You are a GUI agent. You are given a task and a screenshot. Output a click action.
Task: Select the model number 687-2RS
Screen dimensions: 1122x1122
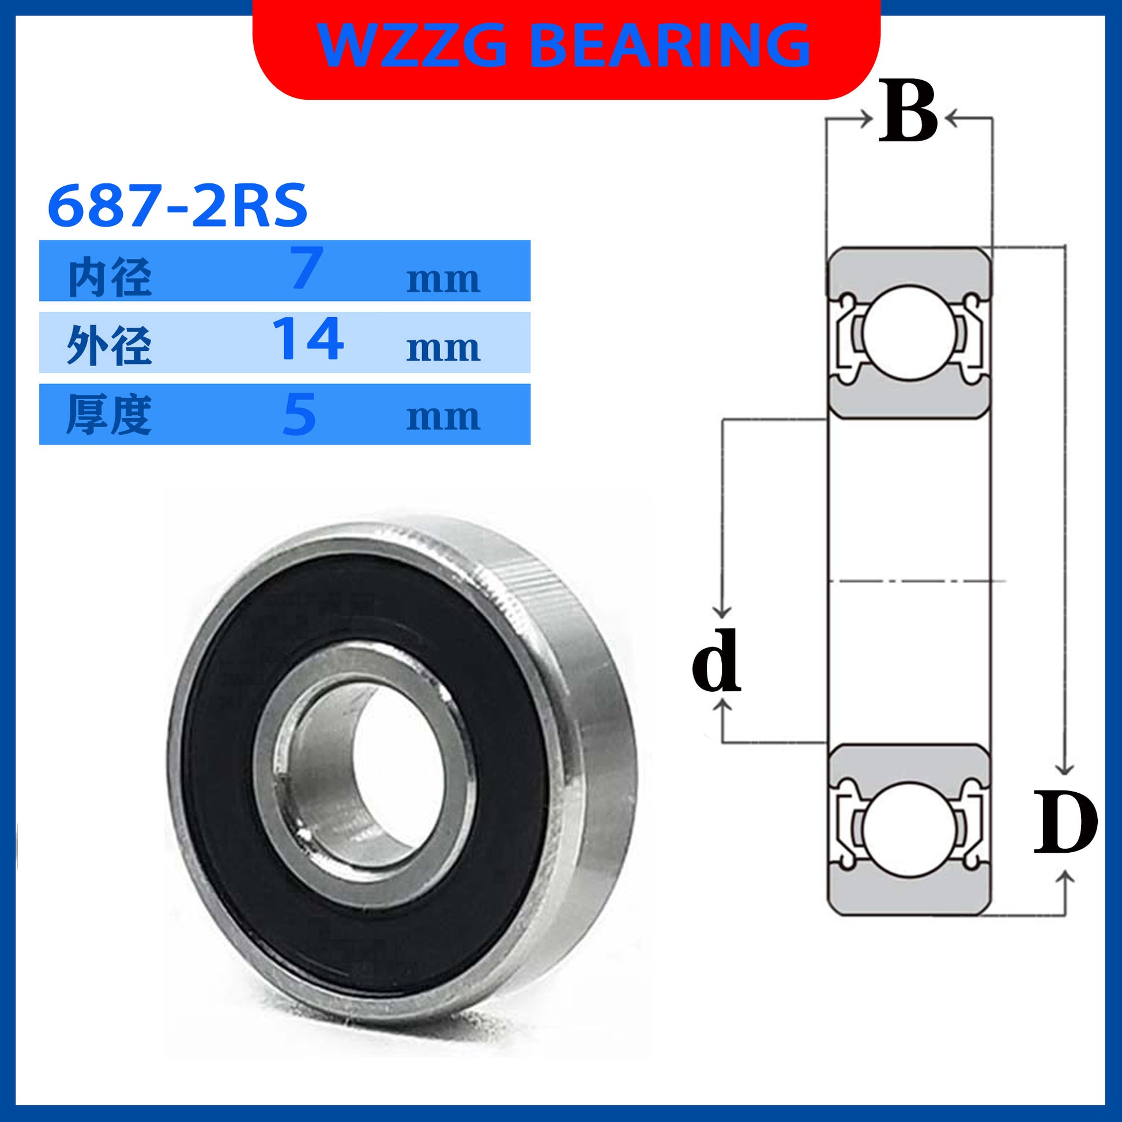177,205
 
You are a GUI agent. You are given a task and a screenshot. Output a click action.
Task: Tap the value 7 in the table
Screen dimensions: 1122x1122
306,268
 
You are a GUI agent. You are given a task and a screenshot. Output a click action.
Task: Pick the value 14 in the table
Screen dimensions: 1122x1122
308,338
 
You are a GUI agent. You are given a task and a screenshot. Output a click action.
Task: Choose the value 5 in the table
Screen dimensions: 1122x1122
300,413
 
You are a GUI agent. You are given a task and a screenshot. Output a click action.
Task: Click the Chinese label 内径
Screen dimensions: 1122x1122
110,277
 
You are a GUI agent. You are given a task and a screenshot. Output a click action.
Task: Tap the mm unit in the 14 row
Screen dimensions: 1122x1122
443,348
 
